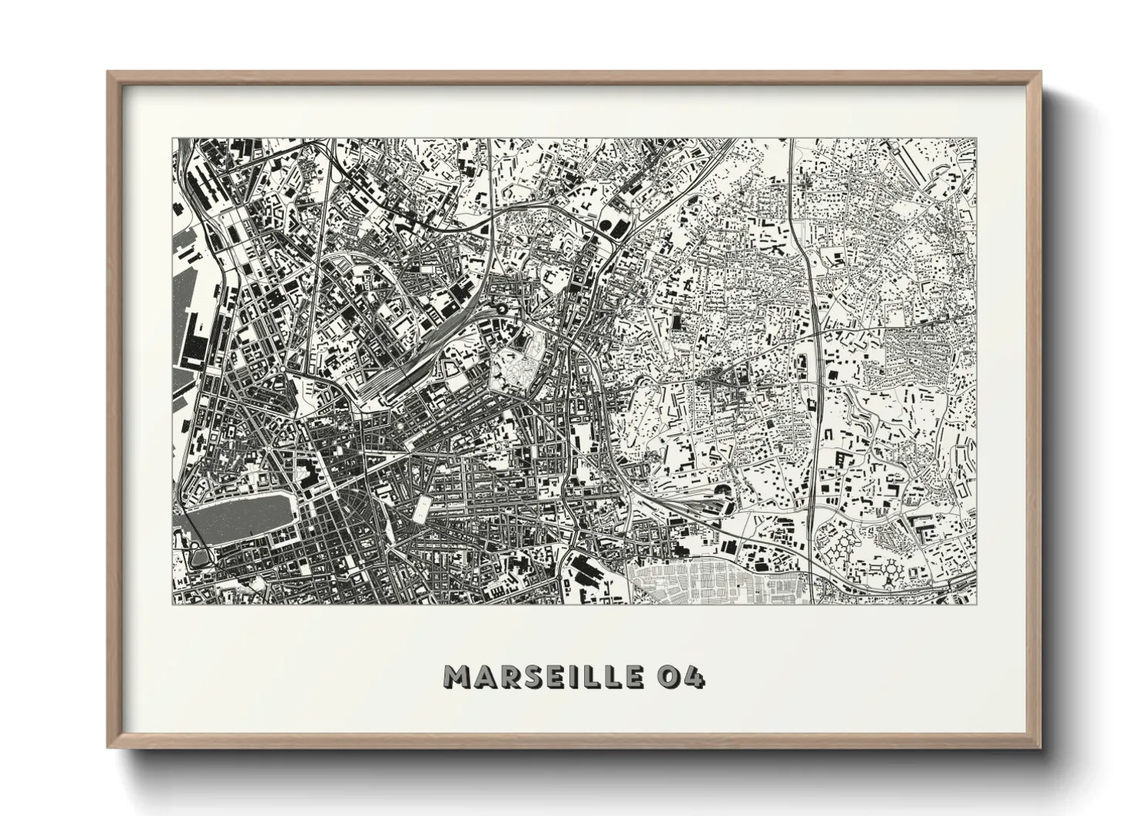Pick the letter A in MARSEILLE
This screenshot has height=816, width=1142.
click(483, 677)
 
